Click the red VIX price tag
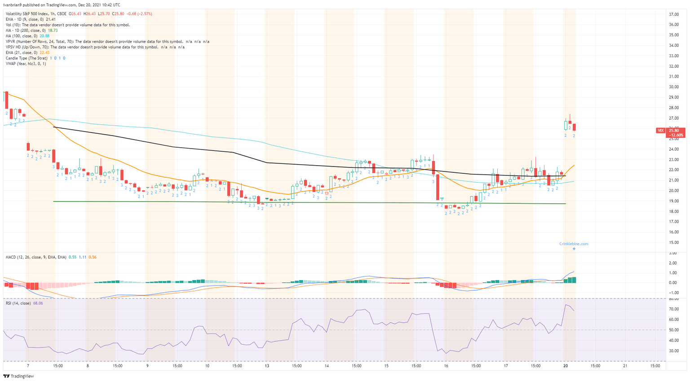coord(660,131)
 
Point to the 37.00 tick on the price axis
coord(673,14)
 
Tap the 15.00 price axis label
coord(673,242)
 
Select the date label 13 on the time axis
coord(267,366)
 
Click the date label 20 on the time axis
coord(566,366)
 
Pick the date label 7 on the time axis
coord(28,366)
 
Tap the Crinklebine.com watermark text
coord(573,244)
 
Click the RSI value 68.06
coord(38,303)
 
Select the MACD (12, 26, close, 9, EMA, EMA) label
coord(36,257)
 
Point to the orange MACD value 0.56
coord(92,257)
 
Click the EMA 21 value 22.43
coord(44,53)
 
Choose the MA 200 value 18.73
coord(53,31)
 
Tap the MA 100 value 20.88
coord(44,36)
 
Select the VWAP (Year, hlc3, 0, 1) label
coord(26,64)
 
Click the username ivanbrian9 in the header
coord(13,5)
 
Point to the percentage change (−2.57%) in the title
coord(144,14)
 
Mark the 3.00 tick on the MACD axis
coord(672,253)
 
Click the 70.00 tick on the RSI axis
coord(673,309)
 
